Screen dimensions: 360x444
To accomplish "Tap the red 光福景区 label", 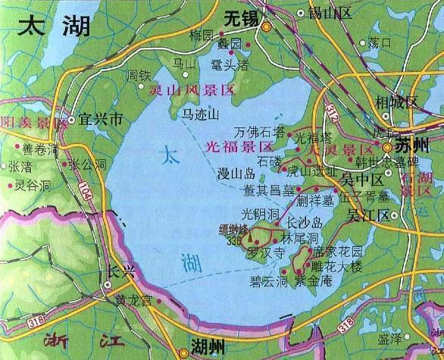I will click(x=238, y=142).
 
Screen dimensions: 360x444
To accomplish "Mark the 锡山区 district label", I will click(x=327, y=13).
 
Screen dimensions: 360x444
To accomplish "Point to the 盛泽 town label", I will click(x=389, y=338).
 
